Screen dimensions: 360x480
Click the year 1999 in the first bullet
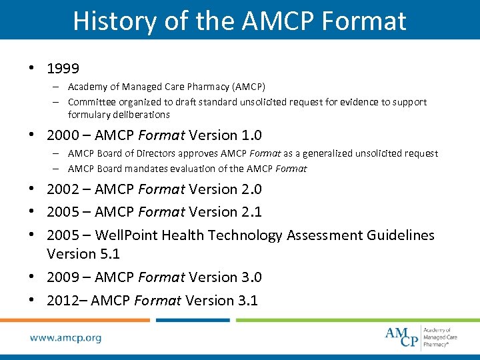click(63, 69)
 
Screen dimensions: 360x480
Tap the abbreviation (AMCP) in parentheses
click(247, 87)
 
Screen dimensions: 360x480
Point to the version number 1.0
click(243, 135)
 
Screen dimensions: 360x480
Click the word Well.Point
click(125, 235)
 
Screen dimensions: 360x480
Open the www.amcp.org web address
click(65, 337)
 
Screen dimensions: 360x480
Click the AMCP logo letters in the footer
click(402, 337)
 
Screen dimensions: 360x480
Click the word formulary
click(89, 114)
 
